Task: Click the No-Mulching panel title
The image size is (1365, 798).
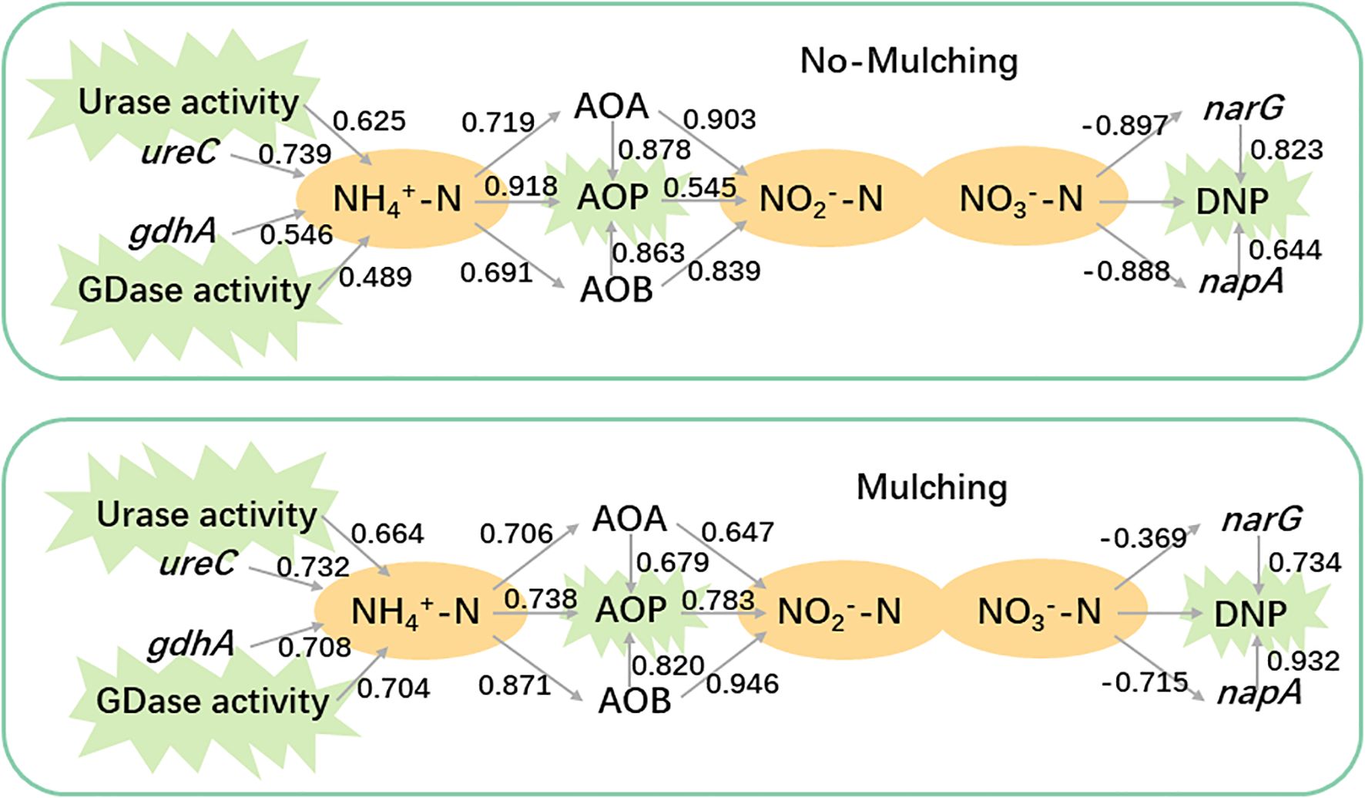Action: tap(909, 61)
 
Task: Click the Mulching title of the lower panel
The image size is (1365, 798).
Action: tap(931, 487)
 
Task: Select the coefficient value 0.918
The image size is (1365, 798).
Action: tap(521, 186)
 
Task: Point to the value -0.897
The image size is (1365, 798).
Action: tap(1125, 124)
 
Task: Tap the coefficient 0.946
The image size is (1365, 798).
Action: tap(743, 683)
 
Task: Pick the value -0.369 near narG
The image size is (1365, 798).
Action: tap(1144, 537)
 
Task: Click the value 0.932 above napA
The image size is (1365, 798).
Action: tap(1303, 661)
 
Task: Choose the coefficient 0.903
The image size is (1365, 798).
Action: tap(719, 120)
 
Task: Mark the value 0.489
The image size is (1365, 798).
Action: tap(375, 277)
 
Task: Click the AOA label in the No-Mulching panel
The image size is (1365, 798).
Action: tap(612, 106)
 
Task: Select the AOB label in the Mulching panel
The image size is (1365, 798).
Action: tap(635, 701)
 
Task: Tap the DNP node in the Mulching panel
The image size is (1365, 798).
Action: tap(1250, 614)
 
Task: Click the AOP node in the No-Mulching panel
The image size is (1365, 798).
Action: tap(613, 198)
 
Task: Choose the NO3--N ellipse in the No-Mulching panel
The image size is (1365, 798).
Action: tap(1021, 200)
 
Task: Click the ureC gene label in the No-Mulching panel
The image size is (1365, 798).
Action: tap(179, 153)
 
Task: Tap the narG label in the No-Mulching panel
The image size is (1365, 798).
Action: tap(1243, 108)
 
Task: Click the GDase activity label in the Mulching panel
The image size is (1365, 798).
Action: tap(213, 701)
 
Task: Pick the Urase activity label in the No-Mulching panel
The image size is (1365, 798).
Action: tap(189, 103)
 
